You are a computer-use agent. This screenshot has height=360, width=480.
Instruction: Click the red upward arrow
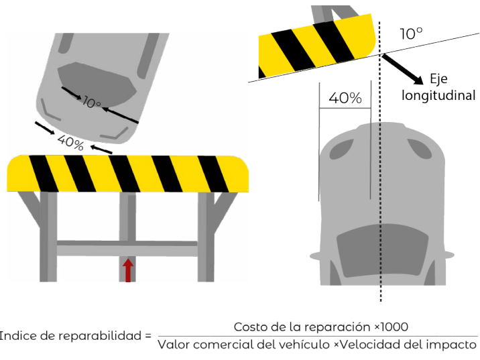click(128, 270)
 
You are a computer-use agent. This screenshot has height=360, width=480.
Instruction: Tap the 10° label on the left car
click(92, 103)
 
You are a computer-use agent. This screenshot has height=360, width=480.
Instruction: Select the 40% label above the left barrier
click(70, 142)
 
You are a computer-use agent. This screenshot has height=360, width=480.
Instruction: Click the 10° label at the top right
click(411, 34)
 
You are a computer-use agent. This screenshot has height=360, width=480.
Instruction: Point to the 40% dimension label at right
click(345, 98)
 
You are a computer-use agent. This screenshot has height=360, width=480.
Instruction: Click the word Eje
click(438, 78)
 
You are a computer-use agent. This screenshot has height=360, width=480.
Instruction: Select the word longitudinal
click(438, 95)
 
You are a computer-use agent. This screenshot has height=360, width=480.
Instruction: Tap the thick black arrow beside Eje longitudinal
click(403, 69)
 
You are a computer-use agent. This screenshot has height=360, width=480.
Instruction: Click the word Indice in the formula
click(18, 336)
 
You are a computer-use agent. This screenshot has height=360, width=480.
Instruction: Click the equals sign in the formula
click(148, 336)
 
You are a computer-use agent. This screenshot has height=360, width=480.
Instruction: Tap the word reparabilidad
click(100, 337)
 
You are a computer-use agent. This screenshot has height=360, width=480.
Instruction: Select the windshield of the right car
click(382, 251)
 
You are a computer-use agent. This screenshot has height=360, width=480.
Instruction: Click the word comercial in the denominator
click(224, 345)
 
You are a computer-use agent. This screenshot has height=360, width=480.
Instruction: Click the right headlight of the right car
click(420, 149)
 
